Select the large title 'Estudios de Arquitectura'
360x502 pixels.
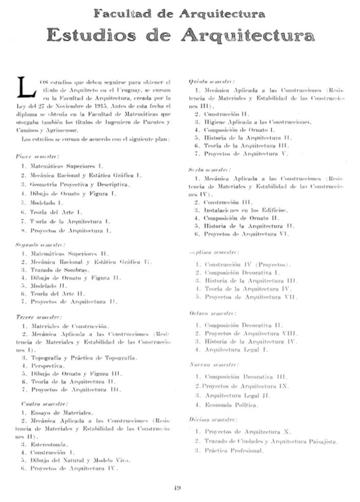(x=180, y=35)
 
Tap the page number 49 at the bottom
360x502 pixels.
(x=179, y=487)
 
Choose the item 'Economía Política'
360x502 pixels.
(x=231, y=404)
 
